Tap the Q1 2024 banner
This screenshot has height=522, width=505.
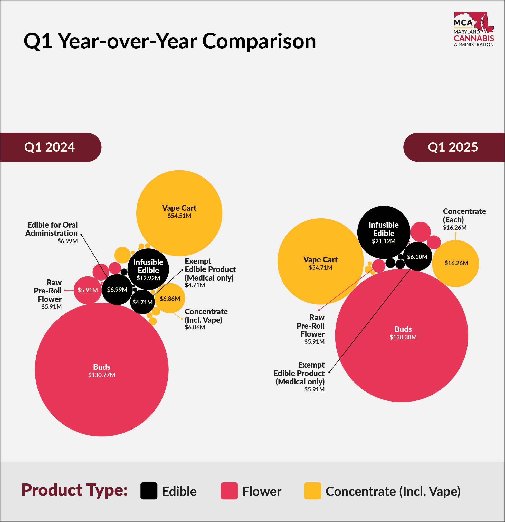[x=50, y=147]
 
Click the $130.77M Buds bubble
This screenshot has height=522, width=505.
[x=101, y=370]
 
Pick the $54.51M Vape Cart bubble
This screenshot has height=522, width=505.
[x=179, y=213]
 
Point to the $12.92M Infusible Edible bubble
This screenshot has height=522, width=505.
[x=148, y=269]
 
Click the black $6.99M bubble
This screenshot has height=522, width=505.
[x=117, y=290]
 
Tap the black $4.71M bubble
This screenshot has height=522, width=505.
[x=142, y=302]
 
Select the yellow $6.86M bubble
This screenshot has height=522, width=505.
[x=170, y=298]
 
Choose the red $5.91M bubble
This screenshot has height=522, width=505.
[x=87, y=290]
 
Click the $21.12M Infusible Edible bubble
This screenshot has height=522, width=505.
[x=384, y=232]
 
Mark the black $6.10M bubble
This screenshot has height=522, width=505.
[x=417, y=256]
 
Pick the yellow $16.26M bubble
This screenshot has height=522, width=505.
[x=455, y=263]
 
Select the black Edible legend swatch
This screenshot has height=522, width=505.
[x=149, y=491]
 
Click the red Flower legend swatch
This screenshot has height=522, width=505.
[x=229, y=491]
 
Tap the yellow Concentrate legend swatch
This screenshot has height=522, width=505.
[x=312, y=491]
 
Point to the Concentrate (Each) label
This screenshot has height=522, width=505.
[x=464, y=216]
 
